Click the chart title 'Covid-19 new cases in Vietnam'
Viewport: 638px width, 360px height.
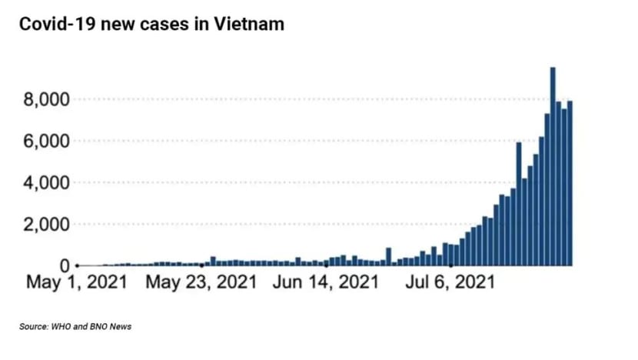coord(151,24)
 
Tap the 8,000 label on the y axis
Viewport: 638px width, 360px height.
coord(47,99)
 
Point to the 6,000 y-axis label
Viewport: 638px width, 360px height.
coord(47,142)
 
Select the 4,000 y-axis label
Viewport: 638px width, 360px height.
coord(47,183)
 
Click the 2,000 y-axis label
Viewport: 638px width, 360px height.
coord(47,225)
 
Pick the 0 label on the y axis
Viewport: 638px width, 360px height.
coord(65,266)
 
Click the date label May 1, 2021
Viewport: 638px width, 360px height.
coord(77,282)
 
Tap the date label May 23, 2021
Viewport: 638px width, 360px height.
coord(201,282)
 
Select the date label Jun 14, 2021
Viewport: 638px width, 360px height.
coord(326,282)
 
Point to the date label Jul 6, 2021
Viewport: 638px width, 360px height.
coord(450,282)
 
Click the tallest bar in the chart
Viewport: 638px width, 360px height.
coord(553,167)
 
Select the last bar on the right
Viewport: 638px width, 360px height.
coord(570,183)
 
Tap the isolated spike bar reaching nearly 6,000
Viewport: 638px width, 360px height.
coord(519,204)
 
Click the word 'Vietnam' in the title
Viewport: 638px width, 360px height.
coord(249,24)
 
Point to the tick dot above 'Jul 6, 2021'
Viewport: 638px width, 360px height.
coord(451,266)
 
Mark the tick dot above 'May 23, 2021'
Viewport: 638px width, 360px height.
coord(201,266)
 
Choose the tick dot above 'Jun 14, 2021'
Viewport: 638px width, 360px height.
coord(327,266)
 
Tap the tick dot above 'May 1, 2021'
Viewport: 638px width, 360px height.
coord(77,266)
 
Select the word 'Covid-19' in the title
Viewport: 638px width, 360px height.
coord(57,24)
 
